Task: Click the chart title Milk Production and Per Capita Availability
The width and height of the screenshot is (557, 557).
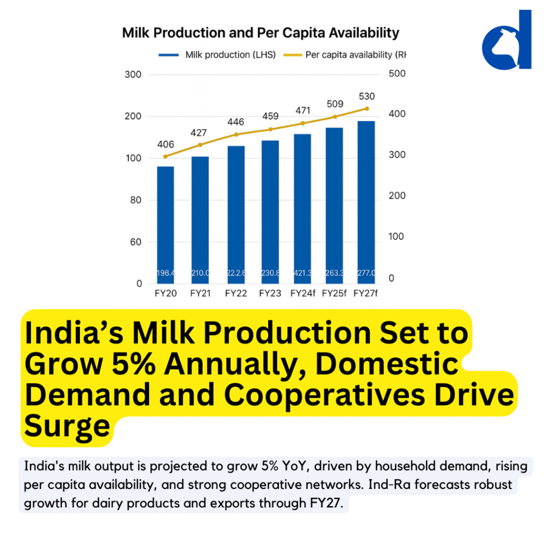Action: (x=261, y=33)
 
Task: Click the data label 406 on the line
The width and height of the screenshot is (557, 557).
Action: (x=165, y=145)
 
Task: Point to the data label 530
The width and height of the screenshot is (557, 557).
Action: (x=367, y=96)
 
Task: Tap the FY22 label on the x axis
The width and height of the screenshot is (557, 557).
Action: (x=235, y=294)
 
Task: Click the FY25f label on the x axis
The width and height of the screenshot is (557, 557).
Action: (x=333, y=294)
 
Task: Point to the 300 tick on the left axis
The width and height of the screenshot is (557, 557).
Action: (x=133, y=75)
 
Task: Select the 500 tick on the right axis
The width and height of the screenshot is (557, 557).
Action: (x=397, y=73)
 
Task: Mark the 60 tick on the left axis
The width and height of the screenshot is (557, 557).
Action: (x=135, y=242)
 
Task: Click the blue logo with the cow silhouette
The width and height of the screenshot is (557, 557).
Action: (x=507, y=41)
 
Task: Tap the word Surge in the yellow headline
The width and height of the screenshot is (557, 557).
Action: (x=67, y=425)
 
